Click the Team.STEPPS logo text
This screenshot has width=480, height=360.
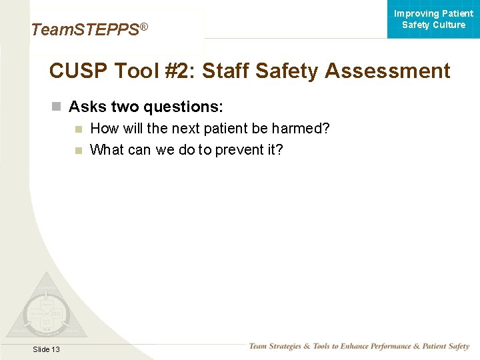(85, 30)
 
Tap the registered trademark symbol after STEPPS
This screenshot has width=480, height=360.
(143, 27)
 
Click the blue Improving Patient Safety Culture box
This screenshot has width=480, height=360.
(433, 19)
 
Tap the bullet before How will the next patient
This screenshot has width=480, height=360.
(79, 129)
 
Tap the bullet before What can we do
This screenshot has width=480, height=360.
(79, 150)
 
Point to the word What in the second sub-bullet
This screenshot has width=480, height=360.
(106, 150)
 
